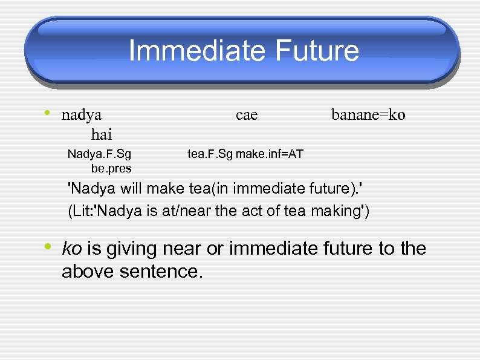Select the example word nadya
pyautogui.click(x=82, y=114)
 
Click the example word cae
pyautogui.click(x=247, y=114)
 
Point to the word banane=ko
pyautogui.click(x=369, y=114)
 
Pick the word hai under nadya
pyautogui.click(x=102, y=133)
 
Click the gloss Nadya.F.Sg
pyautogui.click(x=99, y=154)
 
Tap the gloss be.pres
pyautogui.click(x=111, y=168)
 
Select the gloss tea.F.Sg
pyautogui.click(x=210, y=154)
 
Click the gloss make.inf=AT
pyautogui.click(x=270, y=154)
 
